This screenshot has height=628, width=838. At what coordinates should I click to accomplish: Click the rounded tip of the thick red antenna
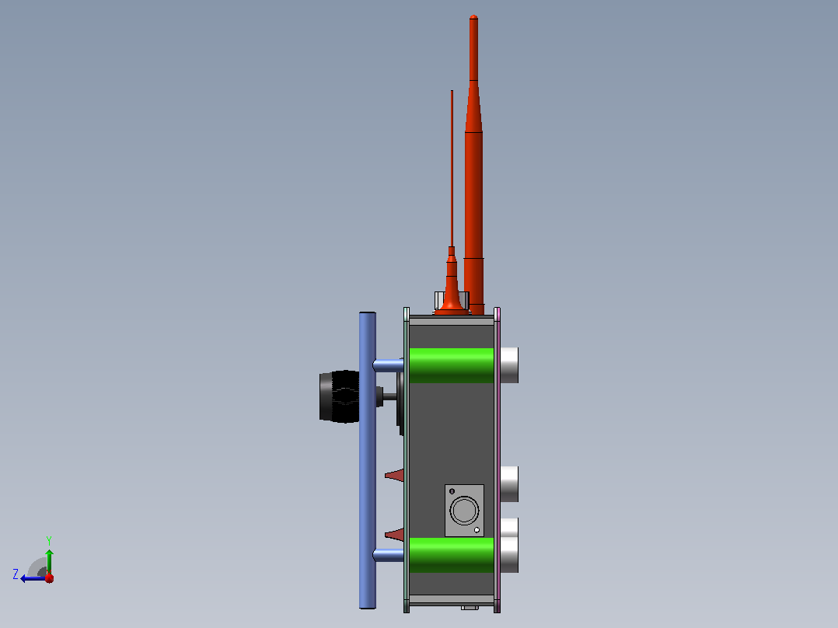point(473,17)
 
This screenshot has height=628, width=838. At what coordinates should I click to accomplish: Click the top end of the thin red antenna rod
point(452,91)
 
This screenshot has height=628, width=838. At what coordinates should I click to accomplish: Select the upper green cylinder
point(452,365)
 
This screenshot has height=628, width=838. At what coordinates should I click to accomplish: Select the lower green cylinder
point(452,555)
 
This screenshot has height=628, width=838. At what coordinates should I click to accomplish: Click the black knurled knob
point(340,396)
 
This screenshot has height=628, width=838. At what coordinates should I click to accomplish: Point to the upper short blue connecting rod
point(389,365)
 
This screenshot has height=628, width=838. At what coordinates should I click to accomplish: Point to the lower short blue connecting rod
point(389,555)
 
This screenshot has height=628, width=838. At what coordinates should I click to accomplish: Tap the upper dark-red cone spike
point(396,475)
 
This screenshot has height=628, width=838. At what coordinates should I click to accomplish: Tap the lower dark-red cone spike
point(396,534)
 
